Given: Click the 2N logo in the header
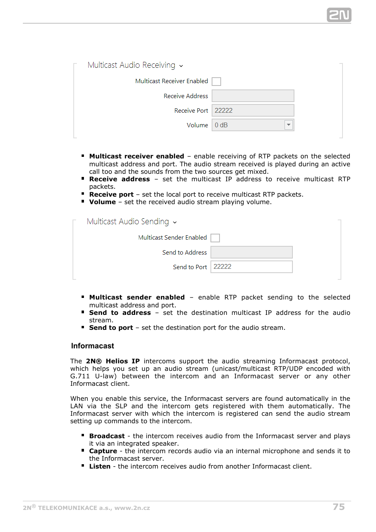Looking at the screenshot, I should (x=339, y=15).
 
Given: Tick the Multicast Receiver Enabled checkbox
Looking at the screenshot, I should (x=216, y=82).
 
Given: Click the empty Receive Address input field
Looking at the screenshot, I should (x=253, y=96).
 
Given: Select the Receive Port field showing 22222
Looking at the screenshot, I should (x=253, y=110).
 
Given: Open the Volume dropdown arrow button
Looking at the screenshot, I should (x=289, y=125).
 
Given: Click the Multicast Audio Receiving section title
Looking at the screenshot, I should (x=132, y=65).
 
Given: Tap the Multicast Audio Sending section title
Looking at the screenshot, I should (x=128, y=221).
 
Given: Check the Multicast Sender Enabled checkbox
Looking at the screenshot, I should (x=215, y=238).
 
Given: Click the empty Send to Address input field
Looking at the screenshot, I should (x=251, y=252).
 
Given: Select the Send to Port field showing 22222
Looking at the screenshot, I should (x=251, y=267).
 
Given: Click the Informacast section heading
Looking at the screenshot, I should (x=93, y=346).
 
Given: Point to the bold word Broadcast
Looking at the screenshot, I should (x=107, y=436).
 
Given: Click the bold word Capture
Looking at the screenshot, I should (x=103, y=451).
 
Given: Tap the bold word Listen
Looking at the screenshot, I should (x=100, y=466).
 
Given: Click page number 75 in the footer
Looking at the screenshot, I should (x=339, y=507).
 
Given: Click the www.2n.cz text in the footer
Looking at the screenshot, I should (x=132, y=508).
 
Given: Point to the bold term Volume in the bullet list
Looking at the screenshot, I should (x=102, y=202).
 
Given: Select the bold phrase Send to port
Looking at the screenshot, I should (x=111, y=327).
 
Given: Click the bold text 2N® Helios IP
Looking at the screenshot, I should (x=113, y=361).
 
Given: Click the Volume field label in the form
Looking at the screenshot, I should (x=197, y=125).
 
